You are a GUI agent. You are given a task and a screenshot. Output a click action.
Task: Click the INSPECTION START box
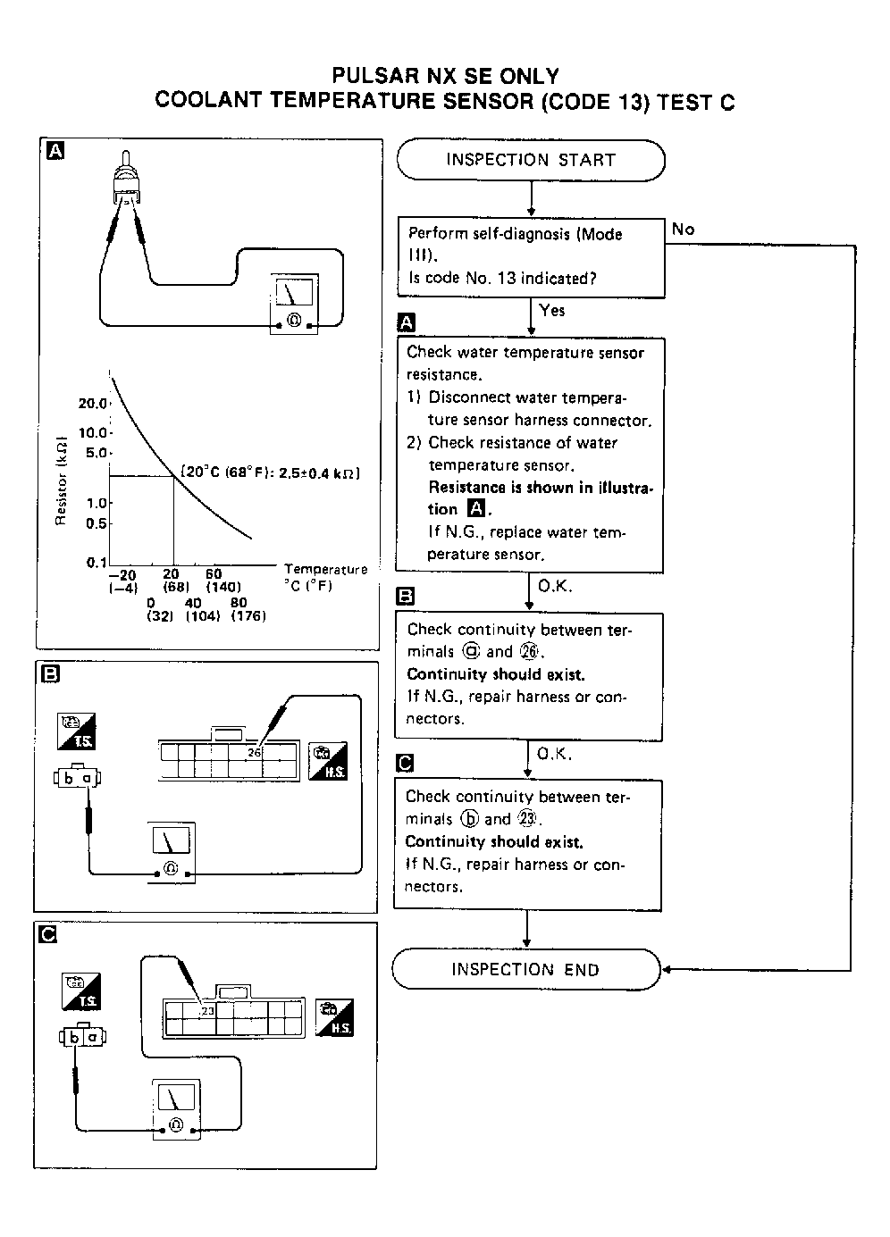(x=531, y=161)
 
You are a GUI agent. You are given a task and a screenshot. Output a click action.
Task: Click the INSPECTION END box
(x=525, y=970)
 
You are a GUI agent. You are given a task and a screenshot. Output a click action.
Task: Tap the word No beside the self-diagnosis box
(x=683, y=230)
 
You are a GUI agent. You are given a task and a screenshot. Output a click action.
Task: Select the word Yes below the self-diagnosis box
(x=552, y=310)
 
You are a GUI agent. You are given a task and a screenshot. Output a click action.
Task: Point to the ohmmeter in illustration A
(x=293, y=305)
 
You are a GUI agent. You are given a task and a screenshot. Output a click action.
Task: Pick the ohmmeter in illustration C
(x=175, y=1110)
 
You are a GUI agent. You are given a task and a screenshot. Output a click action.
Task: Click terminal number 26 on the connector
(x=255, y=753)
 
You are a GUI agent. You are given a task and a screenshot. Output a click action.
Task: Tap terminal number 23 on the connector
(x=207, y=1011)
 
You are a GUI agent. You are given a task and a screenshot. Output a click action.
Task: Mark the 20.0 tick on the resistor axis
(x=93, y=403)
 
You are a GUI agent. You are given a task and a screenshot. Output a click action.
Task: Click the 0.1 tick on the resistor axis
(x=97, y=563)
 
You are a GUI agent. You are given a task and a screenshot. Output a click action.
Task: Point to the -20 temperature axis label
(x=122, y=575)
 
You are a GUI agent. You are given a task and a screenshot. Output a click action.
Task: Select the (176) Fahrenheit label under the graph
(x=248, y=615)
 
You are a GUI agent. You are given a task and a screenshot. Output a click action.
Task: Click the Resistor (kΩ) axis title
(x=61, y=481)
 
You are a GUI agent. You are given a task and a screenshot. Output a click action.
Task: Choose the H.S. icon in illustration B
(x=327, y=760)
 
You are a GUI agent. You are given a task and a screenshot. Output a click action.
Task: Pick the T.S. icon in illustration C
(x=81, y=991)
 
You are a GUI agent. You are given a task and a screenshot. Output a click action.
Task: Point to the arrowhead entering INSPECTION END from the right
(x=666, y=970)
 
